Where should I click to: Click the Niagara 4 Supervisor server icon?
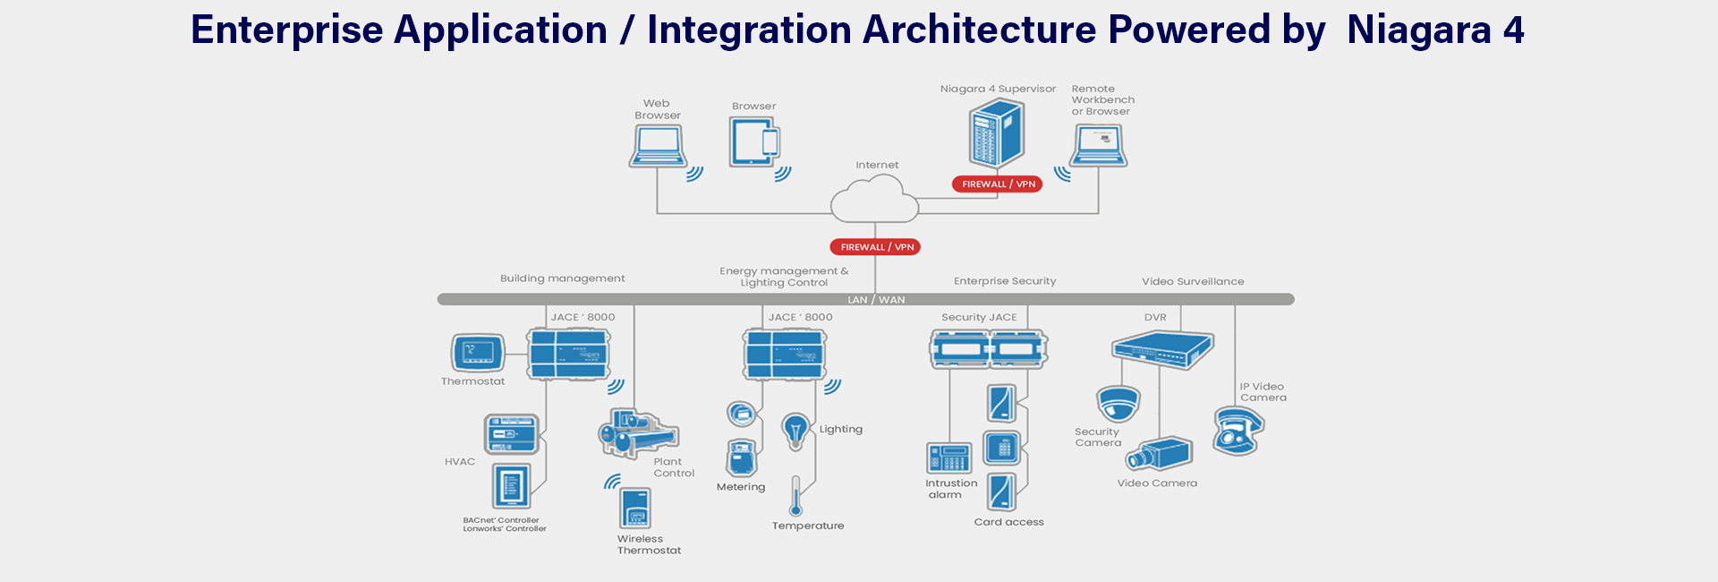pos(996,133)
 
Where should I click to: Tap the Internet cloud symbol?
pos(874,200)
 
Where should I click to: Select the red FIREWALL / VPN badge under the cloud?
pos(875,247)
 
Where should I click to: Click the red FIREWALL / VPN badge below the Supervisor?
pos(997,184)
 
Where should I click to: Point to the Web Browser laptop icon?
pos(658,146)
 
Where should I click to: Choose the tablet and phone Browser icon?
pos(754,142)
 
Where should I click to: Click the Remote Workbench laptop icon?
pos(1099,146)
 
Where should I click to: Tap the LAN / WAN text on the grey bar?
pos(876,300)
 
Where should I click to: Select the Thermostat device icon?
pos(478,353)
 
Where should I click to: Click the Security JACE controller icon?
pos(989,349)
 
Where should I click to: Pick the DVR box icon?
pos(1162,349)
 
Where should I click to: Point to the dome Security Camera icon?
pos(1118,404)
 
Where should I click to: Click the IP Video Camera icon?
pos(1237,431)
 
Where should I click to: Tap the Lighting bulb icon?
pos(795,431)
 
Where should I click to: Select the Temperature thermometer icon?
pos(795,496)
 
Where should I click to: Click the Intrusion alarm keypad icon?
pos(948,458)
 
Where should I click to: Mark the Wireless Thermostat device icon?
pos(635,509)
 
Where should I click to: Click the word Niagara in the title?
pos(1418,30)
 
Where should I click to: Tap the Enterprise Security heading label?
pos(1005,281)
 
